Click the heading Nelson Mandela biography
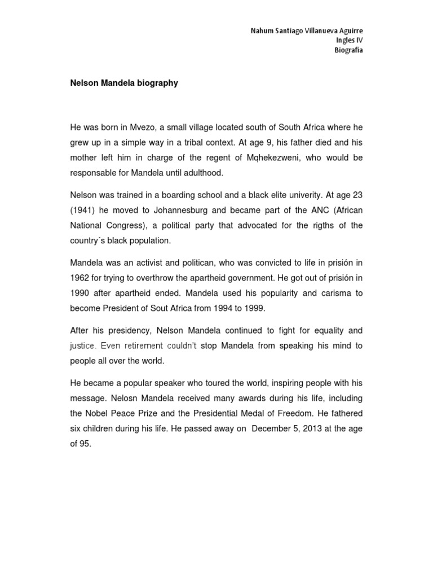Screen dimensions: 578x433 [124, 83]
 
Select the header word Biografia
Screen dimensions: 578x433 [348, 50]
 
